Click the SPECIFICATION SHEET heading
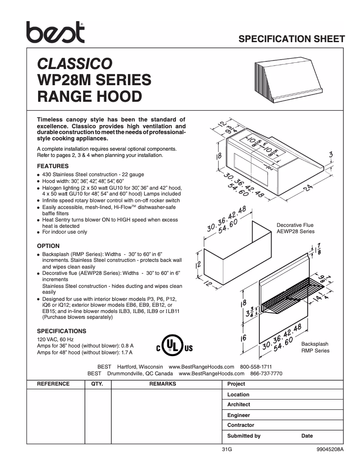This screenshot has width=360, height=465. click(x=291, y=39)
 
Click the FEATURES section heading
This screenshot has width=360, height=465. click(x=53, y=166)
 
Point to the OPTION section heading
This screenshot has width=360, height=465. click(x=48, y=246)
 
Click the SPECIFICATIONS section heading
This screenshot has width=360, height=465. click(x=61, y=331)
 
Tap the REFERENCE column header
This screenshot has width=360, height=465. click(x=53, y=384)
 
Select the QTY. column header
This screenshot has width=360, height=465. click(x=97, y=384)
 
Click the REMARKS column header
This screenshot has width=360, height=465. click(x=162, y=384)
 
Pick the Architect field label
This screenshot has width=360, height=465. click(x=238, y=404)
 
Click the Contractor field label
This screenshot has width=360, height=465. click(x=241, y=425)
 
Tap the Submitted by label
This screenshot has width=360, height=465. click(x=244, y=436)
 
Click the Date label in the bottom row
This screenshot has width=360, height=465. click(x=307, y=436)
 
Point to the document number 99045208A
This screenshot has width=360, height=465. click(x=329, y=449)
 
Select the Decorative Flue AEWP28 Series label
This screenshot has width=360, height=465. click(x=295, y=228)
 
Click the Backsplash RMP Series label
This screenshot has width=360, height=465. click(x=315, y=347)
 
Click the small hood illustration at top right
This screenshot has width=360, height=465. click(x=287, y=80)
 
